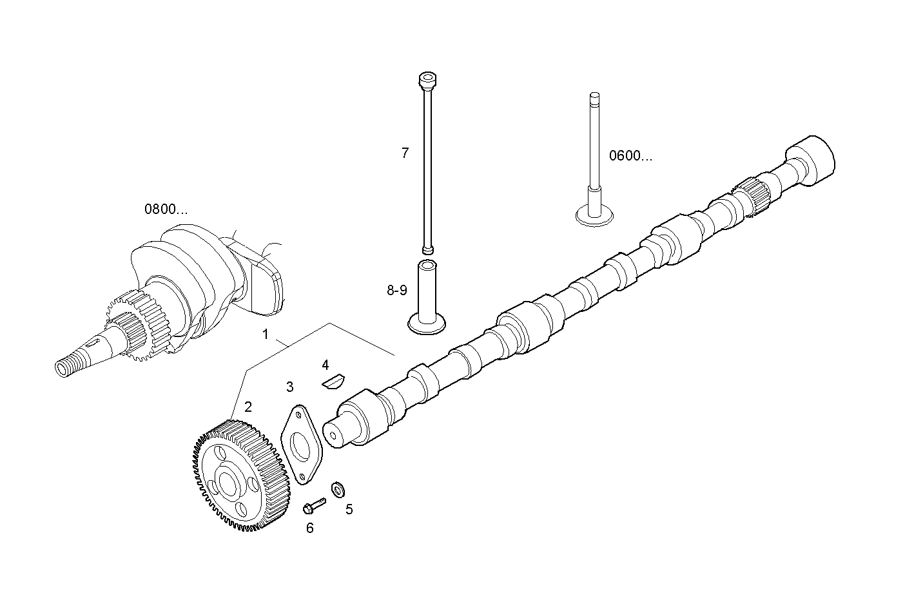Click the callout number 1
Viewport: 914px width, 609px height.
tap(264, 334)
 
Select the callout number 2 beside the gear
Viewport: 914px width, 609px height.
tap(248, 407)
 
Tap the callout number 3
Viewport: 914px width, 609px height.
tap(290, 387)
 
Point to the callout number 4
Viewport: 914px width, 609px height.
tap(326, 365)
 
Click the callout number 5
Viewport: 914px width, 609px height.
tap(349, 509)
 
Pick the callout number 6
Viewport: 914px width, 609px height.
tap(310, 528)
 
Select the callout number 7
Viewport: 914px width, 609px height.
tap(405, 153)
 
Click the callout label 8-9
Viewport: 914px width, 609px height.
tap(397, 291)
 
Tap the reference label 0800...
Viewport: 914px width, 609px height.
tap(166, 209)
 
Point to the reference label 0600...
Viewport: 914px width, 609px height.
tap(630, 156)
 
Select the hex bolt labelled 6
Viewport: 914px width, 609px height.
tap(314, 506)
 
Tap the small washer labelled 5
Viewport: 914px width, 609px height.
tap(336, 489)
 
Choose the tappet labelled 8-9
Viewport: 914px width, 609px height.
tap(426, 296)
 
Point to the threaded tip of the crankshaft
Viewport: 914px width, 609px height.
tap(66, 367)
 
